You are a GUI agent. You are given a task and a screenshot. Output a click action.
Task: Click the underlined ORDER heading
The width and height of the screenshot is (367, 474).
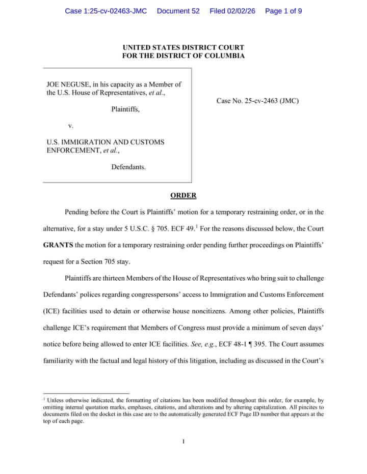(183, 196)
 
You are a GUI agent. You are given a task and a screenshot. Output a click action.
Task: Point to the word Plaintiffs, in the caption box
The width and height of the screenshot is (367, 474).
(125, 109)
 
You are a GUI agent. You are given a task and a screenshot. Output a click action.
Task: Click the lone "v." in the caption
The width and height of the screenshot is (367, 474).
(71, 125)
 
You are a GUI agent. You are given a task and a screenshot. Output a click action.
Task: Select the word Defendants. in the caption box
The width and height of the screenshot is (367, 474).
(128, 167)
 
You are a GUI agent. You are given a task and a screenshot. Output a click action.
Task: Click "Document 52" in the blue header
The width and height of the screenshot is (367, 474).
(178, 11)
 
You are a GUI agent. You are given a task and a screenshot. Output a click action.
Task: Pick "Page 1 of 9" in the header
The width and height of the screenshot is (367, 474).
(283, 11)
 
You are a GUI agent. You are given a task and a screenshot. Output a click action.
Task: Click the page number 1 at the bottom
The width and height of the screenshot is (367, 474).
(183, 440)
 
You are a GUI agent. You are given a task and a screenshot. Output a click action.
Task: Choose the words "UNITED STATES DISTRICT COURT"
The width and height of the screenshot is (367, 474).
(183, 48)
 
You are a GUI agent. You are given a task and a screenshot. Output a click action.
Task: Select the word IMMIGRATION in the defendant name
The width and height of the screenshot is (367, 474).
(85, 142)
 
